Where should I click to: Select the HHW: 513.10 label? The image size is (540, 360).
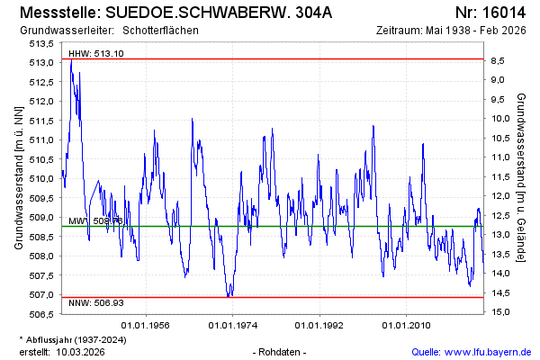coord(96,54)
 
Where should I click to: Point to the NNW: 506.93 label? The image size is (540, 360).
coord(96,303)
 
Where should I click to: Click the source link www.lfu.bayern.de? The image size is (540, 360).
coord(486,352)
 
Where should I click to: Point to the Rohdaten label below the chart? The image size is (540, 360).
coord(281,352)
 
